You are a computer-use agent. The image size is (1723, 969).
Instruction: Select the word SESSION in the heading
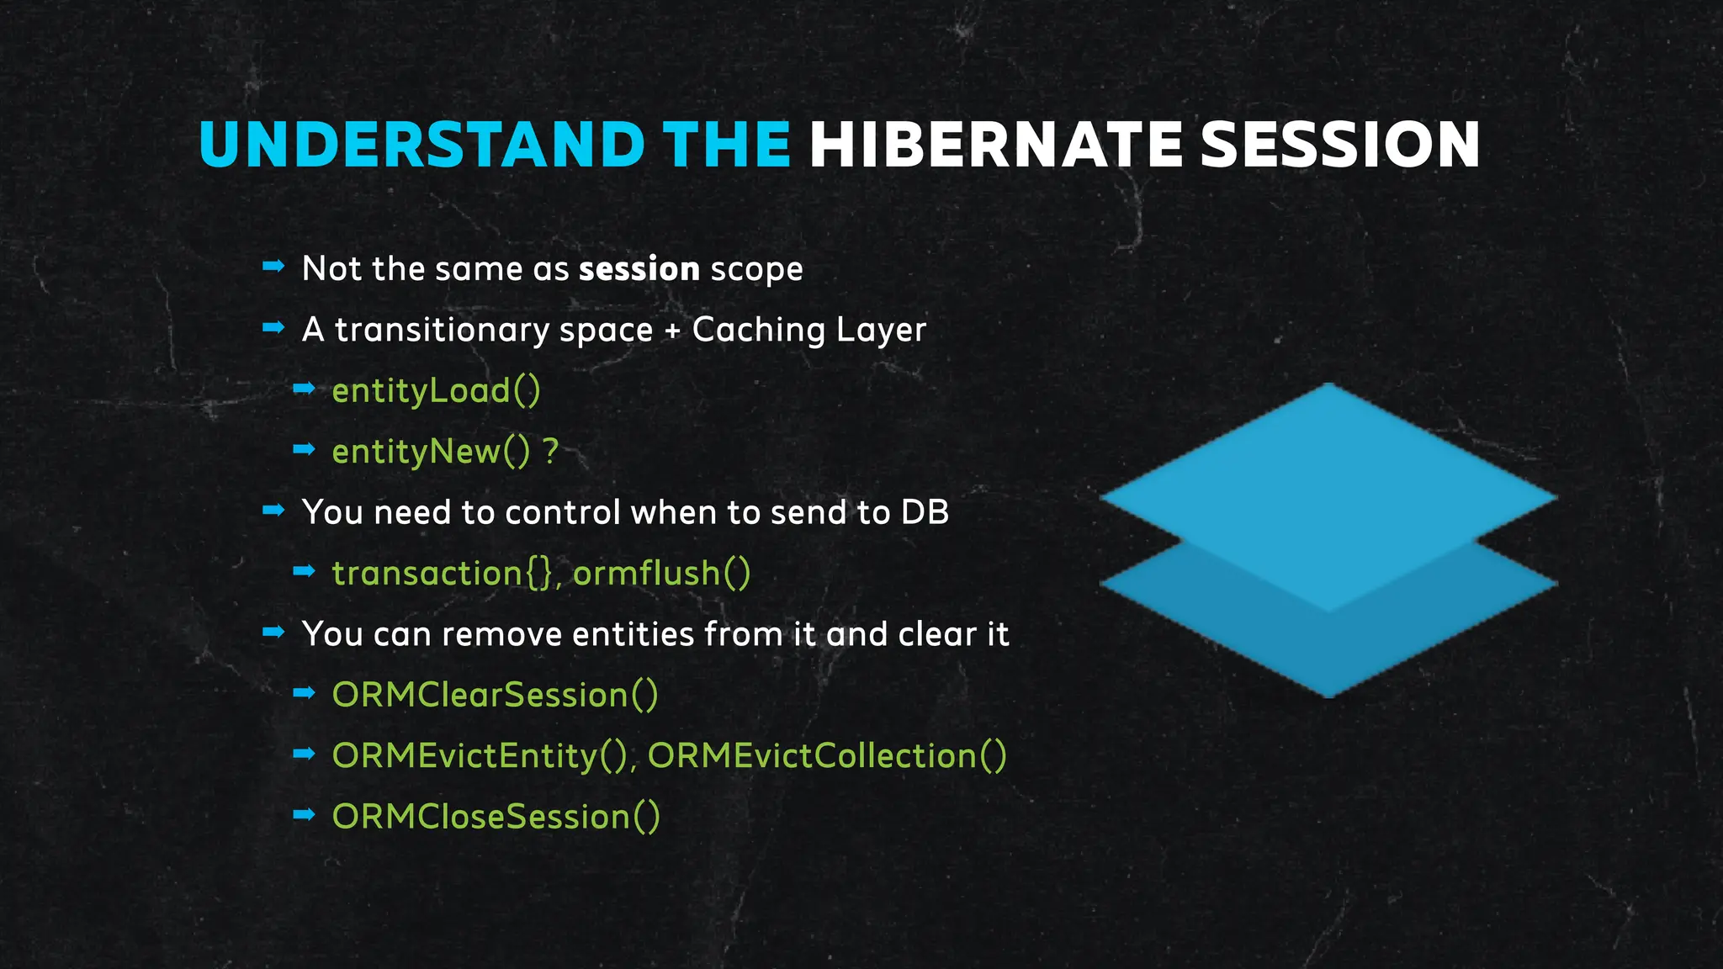tap(1340, 144)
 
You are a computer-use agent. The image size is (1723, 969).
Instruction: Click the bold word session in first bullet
tap(639, 269)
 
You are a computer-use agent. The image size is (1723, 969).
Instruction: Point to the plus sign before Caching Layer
tap(672, 331)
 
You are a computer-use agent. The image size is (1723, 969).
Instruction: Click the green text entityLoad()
tap(436, 391)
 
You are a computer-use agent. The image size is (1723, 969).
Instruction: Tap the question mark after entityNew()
tap(551, 452)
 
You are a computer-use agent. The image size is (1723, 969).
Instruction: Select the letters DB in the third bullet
tap(925, 512)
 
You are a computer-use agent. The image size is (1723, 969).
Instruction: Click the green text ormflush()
tap(662, 574)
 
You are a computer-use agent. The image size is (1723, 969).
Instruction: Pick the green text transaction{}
tap(443, 574)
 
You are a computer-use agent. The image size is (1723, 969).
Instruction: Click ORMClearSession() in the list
tap(495, 696)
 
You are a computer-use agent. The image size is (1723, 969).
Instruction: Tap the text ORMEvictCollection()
tap(827, 756)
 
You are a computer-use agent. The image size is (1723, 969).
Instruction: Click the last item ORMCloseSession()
tap(496, 817)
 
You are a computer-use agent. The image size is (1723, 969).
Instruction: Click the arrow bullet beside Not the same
tap(273, 267)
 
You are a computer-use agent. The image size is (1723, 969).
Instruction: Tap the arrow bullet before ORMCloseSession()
tap(304, 814)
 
